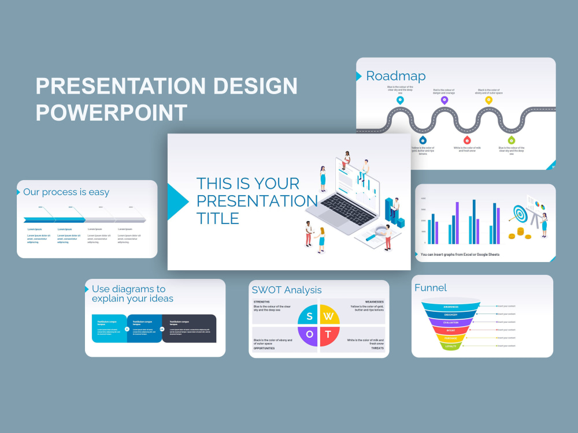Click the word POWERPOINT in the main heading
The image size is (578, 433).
pos(111,112)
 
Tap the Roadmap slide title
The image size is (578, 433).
pos(396,76)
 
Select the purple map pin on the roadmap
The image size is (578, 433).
pos(444,100)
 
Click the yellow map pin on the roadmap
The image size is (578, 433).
pos(488,100)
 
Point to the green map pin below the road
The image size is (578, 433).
pos(511,140)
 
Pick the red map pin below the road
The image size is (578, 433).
pos(466,140)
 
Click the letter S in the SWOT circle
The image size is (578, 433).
pos(310,316)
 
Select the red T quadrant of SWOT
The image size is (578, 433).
pos(328,334)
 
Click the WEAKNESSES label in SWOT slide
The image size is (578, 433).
pos(374,301)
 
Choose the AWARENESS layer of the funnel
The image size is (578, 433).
pos(451,307)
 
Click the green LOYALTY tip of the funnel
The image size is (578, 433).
pos(451,346)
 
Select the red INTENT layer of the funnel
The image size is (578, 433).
pos(451,330)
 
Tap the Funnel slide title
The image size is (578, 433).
pos(431,288)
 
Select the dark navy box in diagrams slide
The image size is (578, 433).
pos(188,328)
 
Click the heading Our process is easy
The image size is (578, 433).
pos(66,192)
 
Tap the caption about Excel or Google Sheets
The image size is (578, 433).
pos(460,254)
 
